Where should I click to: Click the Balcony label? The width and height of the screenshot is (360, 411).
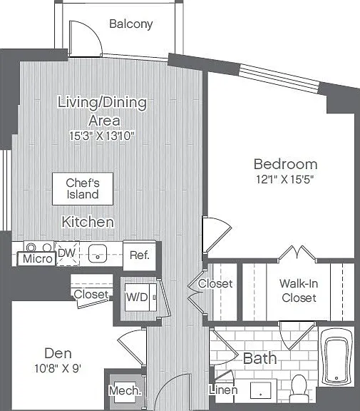(131, 24)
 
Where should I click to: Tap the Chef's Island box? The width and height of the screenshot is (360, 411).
(83, 188)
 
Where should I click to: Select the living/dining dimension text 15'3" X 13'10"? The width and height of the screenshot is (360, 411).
(102, 136)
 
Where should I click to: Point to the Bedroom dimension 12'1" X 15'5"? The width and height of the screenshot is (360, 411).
(285, 179)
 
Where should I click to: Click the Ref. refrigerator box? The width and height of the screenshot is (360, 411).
(140, 255)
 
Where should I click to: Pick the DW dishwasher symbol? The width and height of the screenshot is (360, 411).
(67, 253)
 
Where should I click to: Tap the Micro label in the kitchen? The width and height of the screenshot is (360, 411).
(38, 259)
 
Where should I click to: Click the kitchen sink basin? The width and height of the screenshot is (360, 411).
(98, 254)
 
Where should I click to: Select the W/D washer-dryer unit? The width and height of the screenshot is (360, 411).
(140, 298)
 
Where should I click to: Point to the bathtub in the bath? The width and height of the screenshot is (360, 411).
(336, 357)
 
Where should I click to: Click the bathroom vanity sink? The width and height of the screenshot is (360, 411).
(260, 390)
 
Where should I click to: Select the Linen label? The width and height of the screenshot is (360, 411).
(223, 390)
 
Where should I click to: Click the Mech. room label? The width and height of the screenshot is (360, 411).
(125, 390)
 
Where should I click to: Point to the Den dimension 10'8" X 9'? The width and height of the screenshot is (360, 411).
(58, 368)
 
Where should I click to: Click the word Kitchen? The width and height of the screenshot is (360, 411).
(88, 222)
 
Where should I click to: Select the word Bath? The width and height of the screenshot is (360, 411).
(260, 358)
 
